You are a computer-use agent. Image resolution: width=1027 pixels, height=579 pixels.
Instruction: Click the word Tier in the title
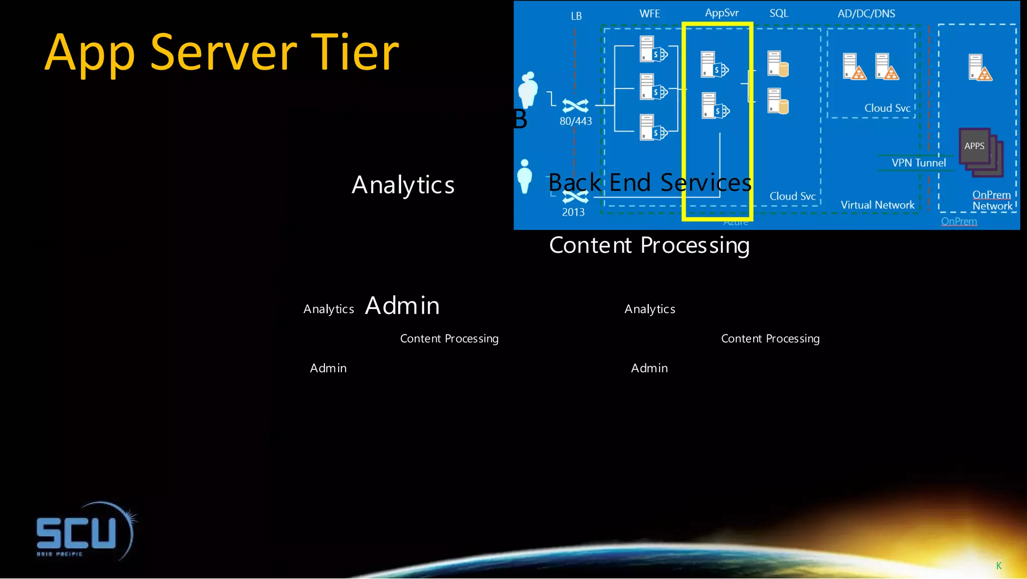tap(355, 53)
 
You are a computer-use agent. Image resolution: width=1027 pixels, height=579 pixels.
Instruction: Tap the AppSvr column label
tap(722, 13)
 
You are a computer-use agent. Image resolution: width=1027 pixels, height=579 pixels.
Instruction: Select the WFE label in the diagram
tap(649, 14)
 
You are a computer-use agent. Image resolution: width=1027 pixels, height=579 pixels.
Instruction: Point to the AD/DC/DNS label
tap(866, 14)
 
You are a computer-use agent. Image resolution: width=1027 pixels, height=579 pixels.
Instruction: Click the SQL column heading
tap(779, 14)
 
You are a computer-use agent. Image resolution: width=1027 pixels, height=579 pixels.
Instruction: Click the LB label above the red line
tap(576, 16)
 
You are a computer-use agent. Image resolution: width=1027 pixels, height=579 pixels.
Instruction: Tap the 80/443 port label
tap(576, 121)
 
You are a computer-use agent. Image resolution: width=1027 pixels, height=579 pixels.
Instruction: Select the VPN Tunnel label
tap(918, 163)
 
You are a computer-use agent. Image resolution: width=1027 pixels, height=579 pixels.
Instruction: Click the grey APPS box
tap(974, 146)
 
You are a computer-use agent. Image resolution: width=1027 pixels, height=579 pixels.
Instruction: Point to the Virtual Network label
tap(877, 205)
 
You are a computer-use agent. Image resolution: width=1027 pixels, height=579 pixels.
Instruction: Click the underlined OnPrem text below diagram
tap(959, 221)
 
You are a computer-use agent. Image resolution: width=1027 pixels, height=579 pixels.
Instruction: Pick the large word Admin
tap(402, 306)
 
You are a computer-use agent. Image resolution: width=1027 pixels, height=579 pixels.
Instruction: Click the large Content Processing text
tap(649, 245)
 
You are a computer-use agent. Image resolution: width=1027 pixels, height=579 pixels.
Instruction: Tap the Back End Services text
tap(649, 183)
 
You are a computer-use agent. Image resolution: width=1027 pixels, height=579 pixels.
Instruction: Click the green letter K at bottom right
tap(998, 566)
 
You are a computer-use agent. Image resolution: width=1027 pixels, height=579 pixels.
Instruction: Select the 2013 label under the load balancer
tap(573, 212)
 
